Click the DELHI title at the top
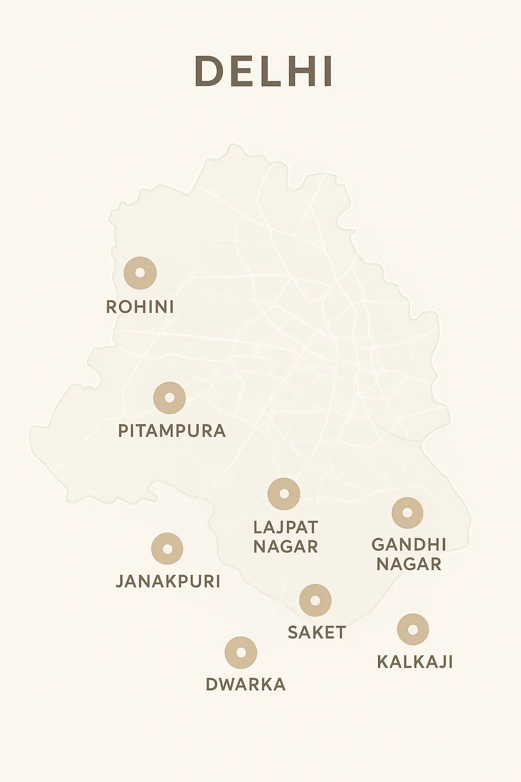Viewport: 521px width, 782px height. point(264,71)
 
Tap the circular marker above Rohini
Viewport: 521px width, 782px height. point(140,273)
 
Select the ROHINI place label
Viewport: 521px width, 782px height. point(140,307)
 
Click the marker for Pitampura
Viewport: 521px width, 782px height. point(169,398)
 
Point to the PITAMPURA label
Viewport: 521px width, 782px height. point(172,431)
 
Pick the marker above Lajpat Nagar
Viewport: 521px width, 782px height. point(284,494)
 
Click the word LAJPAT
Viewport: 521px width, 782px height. point(285,527)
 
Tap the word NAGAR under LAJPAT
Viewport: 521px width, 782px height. point(285,547)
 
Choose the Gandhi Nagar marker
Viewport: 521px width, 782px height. point(407,513)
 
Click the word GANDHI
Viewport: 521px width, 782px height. point(409,544)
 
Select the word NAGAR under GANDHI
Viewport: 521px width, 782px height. point(409,564)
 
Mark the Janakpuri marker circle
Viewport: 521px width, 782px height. point(167,549)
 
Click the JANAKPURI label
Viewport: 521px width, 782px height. point(168,581)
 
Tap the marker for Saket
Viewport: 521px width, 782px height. point(315,600)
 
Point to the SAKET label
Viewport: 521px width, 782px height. point(316,632)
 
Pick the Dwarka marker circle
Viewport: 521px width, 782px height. point(241,653)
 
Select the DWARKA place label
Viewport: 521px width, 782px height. point(245,684)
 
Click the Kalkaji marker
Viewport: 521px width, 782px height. point(413,630)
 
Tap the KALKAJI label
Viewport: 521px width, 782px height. point(415,662)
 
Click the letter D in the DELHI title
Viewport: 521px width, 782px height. point(209,71)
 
